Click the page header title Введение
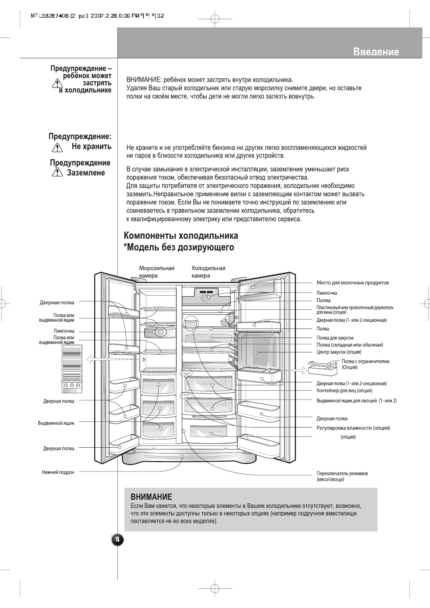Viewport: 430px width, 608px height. [376, 52]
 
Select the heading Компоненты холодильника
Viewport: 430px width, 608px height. [181, 236]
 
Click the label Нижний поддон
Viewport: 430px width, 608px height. [58, 472]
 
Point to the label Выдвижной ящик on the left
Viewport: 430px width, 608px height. [56, 423]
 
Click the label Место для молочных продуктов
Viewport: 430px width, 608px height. [352, 283]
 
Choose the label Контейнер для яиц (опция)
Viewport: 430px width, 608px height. [344, 390]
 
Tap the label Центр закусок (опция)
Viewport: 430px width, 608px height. [339, 352]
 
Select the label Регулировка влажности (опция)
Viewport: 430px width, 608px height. [353, 428]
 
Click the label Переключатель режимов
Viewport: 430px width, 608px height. [342, 473]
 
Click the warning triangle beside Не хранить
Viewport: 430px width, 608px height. [56, 147]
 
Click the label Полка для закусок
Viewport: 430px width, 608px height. [335, 338]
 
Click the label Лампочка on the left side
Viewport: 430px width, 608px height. [64, 331]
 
